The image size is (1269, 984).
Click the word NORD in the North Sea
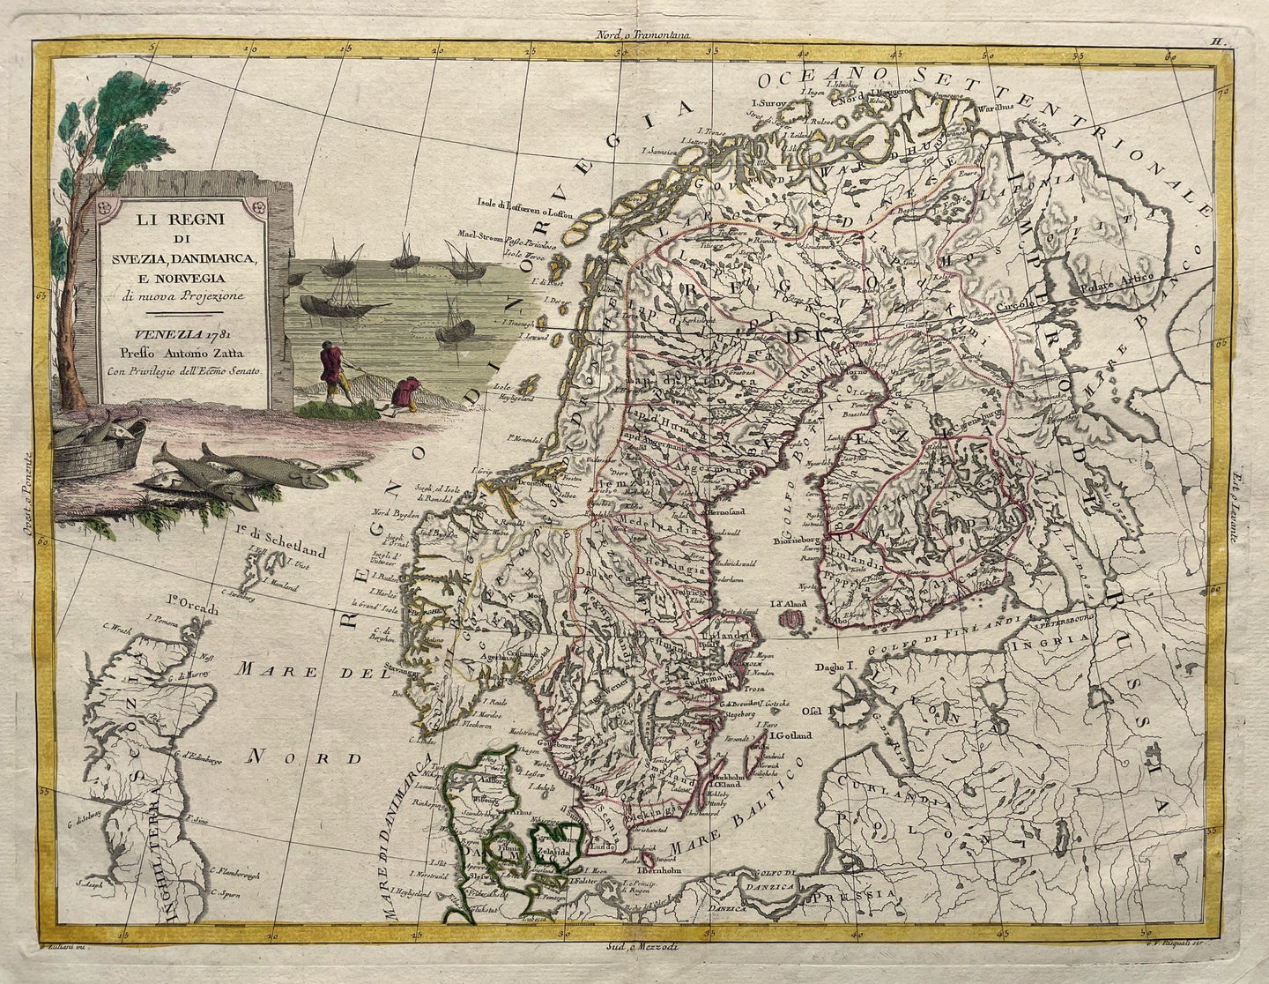tap(304, 757)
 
